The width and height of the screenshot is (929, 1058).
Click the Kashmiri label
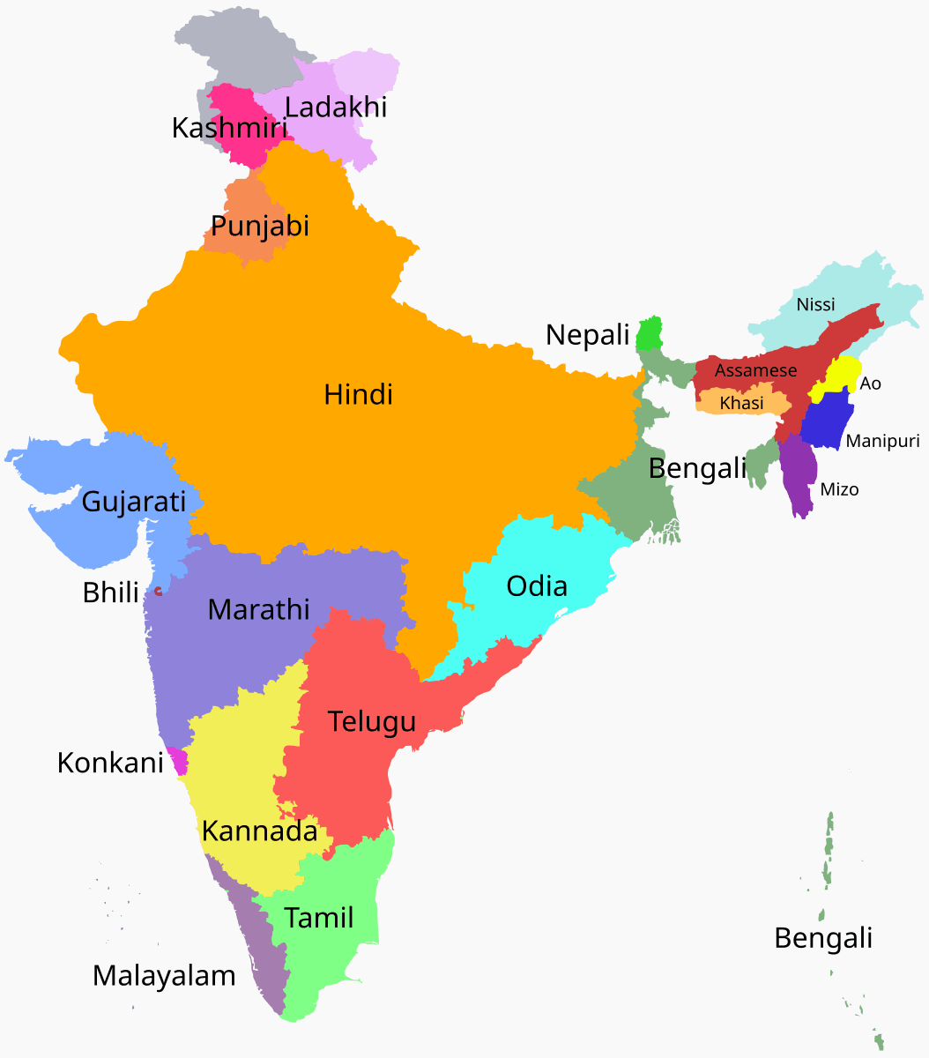click(229, 128)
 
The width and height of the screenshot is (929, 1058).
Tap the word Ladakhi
click(337, 108)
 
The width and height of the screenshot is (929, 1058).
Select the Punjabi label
click(260, 226)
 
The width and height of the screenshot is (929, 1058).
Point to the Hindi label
click(358, 394)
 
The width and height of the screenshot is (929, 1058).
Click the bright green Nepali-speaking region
click(650, 334)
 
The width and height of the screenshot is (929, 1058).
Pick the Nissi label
click(815, 305)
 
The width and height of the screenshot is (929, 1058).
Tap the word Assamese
click(755, 371)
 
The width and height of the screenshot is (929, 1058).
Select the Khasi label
click(741, 403)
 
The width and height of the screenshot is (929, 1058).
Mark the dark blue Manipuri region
click(826, 421)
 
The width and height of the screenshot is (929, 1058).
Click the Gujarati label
click(134, 502)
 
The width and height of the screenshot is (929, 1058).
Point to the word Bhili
click(111, 592)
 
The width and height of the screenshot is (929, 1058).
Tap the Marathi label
click(258, 609)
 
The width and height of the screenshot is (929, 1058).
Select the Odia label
click(536, 586)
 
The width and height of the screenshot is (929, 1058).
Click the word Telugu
click(372, 721)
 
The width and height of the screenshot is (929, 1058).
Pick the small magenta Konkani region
click(179, 761)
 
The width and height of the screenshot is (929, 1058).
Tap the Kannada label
click(259, 831)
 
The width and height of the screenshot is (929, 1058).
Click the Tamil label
click(319, 918)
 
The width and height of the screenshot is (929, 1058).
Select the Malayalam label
click(164, 976)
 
